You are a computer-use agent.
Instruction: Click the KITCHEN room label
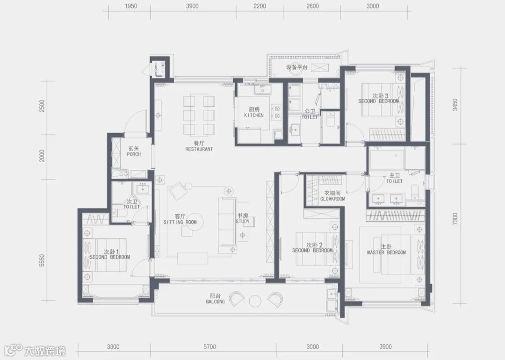(254, 115)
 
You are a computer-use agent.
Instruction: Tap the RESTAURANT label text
(199, 149)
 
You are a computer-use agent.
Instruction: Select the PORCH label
(134, 154)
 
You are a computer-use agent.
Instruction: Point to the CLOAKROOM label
(332, 199)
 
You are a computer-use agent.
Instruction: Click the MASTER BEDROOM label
(387, 252)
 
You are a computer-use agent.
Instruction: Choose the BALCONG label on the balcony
(216, 302)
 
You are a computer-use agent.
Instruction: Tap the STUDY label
(243, 222)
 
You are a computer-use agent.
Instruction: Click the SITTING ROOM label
(180, 222)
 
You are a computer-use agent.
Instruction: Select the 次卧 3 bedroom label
(380, 96)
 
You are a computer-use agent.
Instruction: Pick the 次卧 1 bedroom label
(111, 252)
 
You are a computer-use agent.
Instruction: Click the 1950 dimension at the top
(131, 6)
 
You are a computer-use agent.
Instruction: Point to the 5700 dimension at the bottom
(209, 347)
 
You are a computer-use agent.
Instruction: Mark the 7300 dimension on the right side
(455, 219)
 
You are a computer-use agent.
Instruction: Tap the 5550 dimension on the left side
(42, 260)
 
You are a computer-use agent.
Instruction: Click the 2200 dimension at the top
(260, 6)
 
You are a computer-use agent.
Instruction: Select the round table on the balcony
(255, 301)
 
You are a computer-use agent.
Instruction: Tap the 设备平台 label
(297, 67)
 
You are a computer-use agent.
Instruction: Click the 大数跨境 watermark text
(45, 351)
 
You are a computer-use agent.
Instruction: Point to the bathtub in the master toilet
(387, 159)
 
